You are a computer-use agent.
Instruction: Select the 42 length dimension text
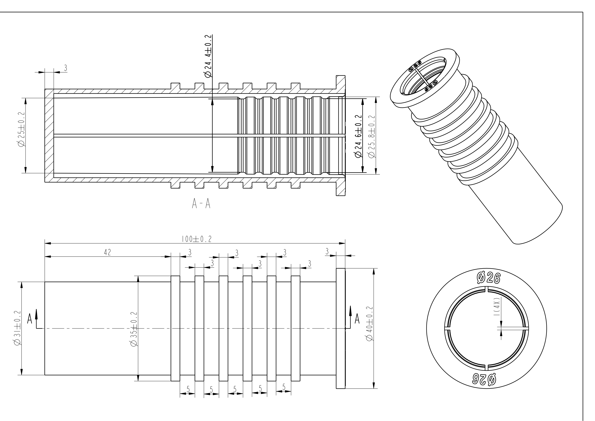108,252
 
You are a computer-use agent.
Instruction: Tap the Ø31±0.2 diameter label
17,328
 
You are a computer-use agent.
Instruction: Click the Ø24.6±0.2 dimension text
358,136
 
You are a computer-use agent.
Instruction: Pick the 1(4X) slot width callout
497,306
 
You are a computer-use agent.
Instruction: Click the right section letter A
357,319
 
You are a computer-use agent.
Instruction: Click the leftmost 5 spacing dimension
188,389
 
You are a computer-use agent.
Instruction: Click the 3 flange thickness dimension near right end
327,251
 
